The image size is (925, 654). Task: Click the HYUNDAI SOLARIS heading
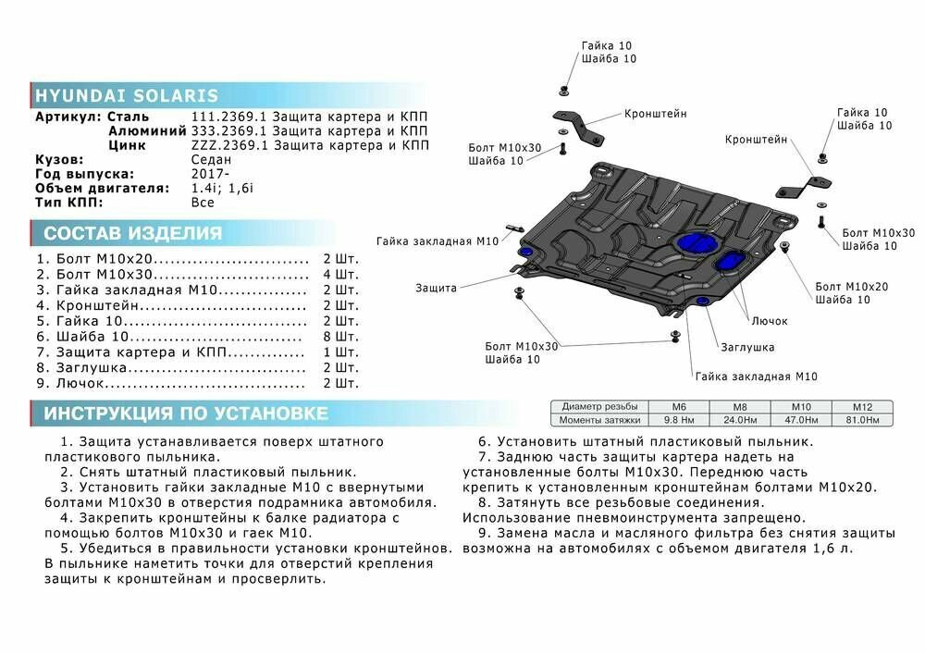tap(127, 96)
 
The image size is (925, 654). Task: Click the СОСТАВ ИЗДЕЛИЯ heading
tap(132, 233)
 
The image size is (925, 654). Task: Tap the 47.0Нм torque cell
tap(801, 420)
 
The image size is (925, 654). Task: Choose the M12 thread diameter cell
tap(862, 407)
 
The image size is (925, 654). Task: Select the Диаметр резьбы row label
tap(598, 407)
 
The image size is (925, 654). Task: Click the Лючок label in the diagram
tap(770, 321)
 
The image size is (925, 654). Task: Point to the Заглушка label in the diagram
tap(747, 347)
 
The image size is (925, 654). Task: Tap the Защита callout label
tap(436, 288)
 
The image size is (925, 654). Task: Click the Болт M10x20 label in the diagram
tap(851, 287)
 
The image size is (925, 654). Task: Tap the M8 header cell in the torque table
tap(740, 407)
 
